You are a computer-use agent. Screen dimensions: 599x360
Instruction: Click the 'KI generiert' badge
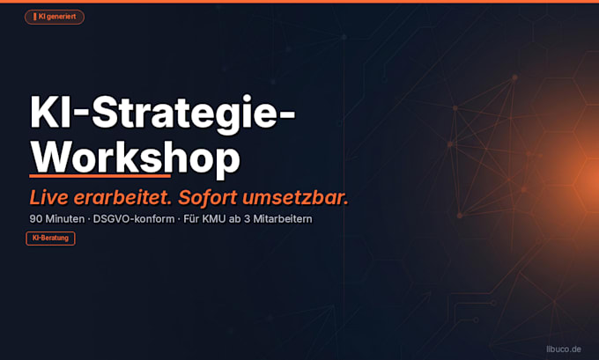click(55, 17)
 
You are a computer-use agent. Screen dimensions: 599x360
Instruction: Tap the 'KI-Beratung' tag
click(50, 239)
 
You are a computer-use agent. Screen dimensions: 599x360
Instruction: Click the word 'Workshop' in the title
click(136, 158)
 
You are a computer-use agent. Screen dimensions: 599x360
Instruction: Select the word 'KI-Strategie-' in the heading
click(163, 113)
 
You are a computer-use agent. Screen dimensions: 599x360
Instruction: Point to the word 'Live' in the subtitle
click(49, 197)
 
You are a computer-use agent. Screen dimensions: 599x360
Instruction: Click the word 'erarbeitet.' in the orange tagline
click(122, 197)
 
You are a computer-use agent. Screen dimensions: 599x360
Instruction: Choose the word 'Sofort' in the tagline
click(207, 197)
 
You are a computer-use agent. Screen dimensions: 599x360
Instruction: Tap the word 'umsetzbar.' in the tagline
click(295, 197)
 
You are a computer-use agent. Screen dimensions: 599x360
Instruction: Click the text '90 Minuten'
click(57, 219)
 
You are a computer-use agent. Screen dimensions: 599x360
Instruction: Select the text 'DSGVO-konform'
click(134, 219)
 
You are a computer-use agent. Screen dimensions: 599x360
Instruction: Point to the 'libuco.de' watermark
click(564, 349)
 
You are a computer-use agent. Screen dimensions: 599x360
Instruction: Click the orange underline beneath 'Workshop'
click(100, 176)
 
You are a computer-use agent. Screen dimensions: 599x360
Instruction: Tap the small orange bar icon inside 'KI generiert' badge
click(34, 17)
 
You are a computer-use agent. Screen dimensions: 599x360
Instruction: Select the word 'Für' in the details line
click(191, 219)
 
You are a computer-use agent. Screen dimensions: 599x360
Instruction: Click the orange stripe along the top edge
click(299, 2)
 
